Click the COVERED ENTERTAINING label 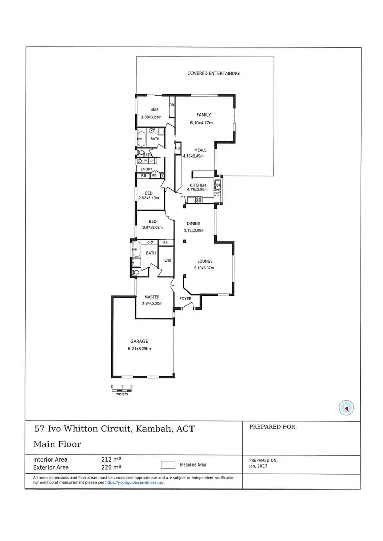(x=213, y=74)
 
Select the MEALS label (x=200, y=150)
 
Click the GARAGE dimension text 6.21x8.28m (x=139, y=349)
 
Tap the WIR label (x=167, y=260)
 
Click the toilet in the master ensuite (x=135, y=273)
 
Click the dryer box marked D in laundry (x=152, y=161)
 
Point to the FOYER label (x=185, y=299)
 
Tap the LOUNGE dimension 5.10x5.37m (x=204, y=268)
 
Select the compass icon (x=346, y=407)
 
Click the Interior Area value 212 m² (x=111, y=459)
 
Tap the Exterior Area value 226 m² (x=111, y=467)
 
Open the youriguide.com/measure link (x=134, y=482)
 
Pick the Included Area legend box (x=168, y=465)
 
